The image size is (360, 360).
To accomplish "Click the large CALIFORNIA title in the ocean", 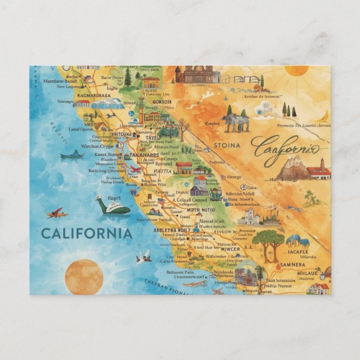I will coord(87,233).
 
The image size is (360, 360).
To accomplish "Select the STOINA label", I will coord(226,145).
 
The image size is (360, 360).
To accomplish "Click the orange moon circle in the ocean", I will coord(84,277).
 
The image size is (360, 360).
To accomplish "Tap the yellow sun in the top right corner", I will coord(296,70).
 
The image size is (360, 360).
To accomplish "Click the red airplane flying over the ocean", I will coord(56,213).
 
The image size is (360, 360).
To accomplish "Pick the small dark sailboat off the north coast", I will coord(73,154).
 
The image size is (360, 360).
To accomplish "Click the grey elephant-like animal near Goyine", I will coord(235,120).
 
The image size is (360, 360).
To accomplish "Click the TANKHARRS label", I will coord(145,155).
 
